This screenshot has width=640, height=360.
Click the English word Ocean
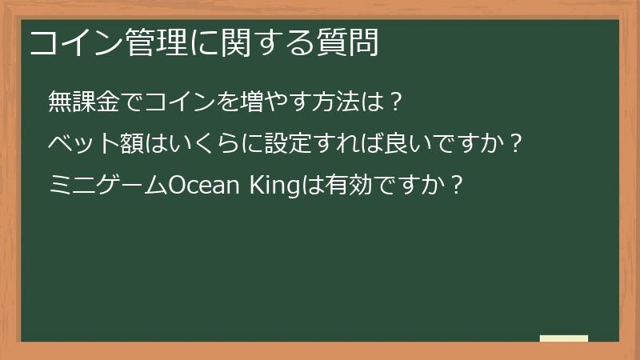click(202, 186)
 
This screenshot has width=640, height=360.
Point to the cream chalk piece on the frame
click(563, 338)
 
